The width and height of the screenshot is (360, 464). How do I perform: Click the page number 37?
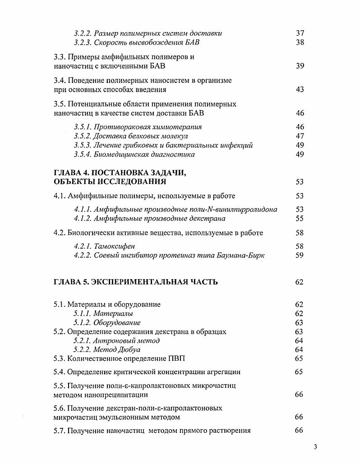tap(300, 33)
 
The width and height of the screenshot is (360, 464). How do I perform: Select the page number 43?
tap(300, 90)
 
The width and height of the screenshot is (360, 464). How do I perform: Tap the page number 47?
tap(300, 136)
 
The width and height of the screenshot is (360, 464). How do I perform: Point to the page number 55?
tap(300, 219)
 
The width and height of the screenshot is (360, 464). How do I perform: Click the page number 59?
tap(300, 256)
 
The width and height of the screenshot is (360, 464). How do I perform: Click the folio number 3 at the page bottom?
tap(315, 447)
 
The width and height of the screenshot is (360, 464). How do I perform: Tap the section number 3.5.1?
tap(83, 127)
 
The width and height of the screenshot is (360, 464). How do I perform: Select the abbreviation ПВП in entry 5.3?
tap(175, 359)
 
